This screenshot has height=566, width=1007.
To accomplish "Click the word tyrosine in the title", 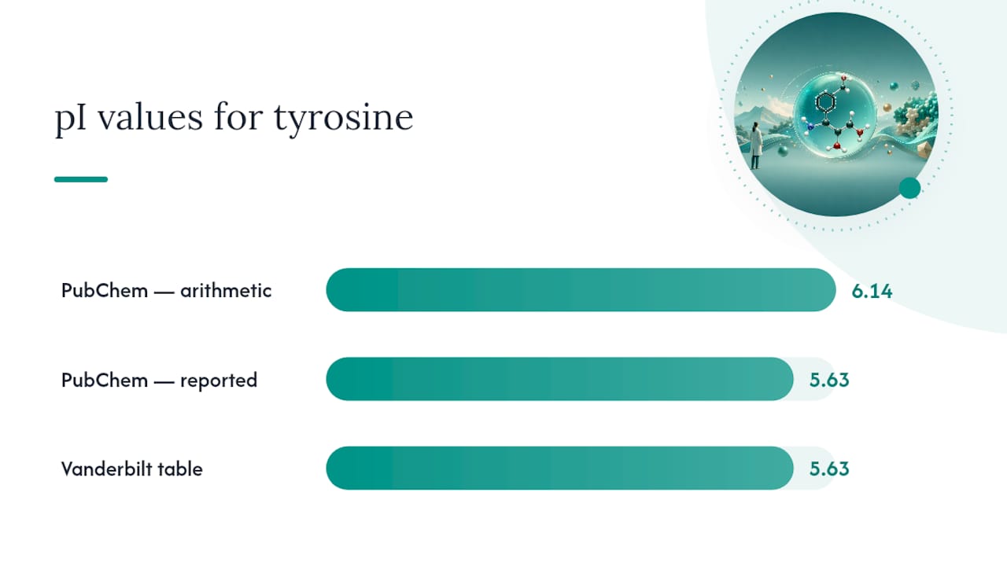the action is coord(344,118).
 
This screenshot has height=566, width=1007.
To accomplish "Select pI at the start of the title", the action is coord(70,119).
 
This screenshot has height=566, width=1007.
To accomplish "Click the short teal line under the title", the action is coord(81,179).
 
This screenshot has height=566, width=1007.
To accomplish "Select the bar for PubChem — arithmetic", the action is coord(581,290).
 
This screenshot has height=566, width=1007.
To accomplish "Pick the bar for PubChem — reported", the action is coord(559,379).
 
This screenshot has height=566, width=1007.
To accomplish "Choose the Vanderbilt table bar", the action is coord(559,468).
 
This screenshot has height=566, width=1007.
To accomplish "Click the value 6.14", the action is coord(872,291).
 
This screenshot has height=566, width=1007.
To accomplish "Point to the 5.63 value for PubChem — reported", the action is coord(829,380).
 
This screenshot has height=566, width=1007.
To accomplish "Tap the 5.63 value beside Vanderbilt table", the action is coord(829,469).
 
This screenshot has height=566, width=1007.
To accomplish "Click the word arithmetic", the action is coord(226,291).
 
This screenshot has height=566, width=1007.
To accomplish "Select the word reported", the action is coord(219,381).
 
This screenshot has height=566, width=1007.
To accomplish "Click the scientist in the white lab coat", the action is coord(756,145).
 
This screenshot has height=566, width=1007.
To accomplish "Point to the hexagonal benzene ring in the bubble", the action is coord(825,102).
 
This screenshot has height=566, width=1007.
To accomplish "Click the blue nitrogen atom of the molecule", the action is coord(810,127).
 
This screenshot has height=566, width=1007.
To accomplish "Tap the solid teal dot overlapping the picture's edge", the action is coord(910,188).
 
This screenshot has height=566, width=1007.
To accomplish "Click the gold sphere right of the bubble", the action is coord(887,108).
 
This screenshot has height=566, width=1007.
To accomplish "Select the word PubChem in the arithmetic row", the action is coord(105,291).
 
